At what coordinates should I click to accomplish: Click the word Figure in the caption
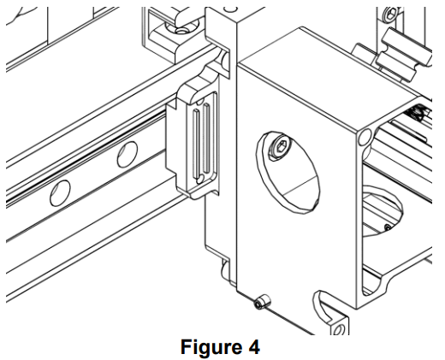[x=210, y=347]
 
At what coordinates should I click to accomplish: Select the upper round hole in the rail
[x=128, y=154]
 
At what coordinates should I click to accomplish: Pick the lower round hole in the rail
[x=60, y=193]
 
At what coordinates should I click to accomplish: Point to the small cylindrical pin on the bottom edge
[x=263, y=302]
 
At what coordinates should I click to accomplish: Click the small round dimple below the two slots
[x=200, y=179]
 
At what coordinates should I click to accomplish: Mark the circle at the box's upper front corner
[x=365, y=137]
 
